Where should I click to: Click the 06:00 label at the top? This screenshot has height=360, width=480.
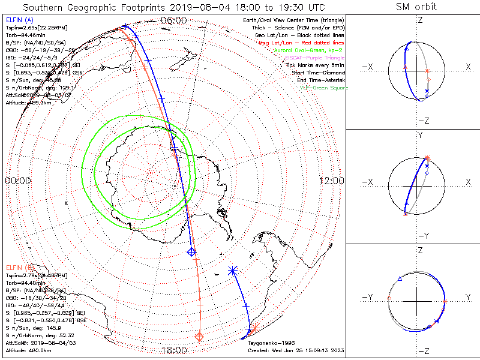[174, 20]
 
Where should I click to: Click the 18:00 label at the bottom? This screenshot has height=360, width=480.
[174, 350]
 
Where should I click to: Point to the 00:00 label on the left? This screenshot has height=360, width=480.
[18, 181]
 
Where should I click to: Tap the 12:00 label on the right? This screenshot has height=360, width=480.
[331, 181]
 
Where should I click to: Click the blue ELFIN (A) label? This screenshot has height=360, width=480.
[19, 20]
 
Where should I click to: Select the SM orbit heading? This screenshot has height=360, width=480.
[416, 7]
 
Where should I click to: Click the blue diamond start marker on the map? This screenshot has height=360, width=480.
[192, 251]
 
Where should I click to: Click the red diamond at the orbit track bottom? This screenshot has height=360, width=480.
[200, 337]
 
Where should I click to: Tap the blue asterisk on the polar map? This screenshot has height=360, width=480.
[233, 271]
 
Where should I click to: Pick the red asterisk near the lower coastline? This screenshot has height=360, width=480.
[255, 329]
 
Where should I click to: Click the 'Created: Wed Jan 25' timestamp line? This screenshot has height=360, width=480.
[295, 350]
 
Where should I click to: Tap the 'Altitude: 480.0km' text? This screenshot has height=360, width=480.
[27, 350]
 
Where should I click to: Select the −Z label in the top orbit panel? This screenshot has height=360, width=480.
[423, 120]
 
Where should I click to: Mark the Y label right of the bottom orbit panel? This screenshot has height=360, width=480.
[467, 297]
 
